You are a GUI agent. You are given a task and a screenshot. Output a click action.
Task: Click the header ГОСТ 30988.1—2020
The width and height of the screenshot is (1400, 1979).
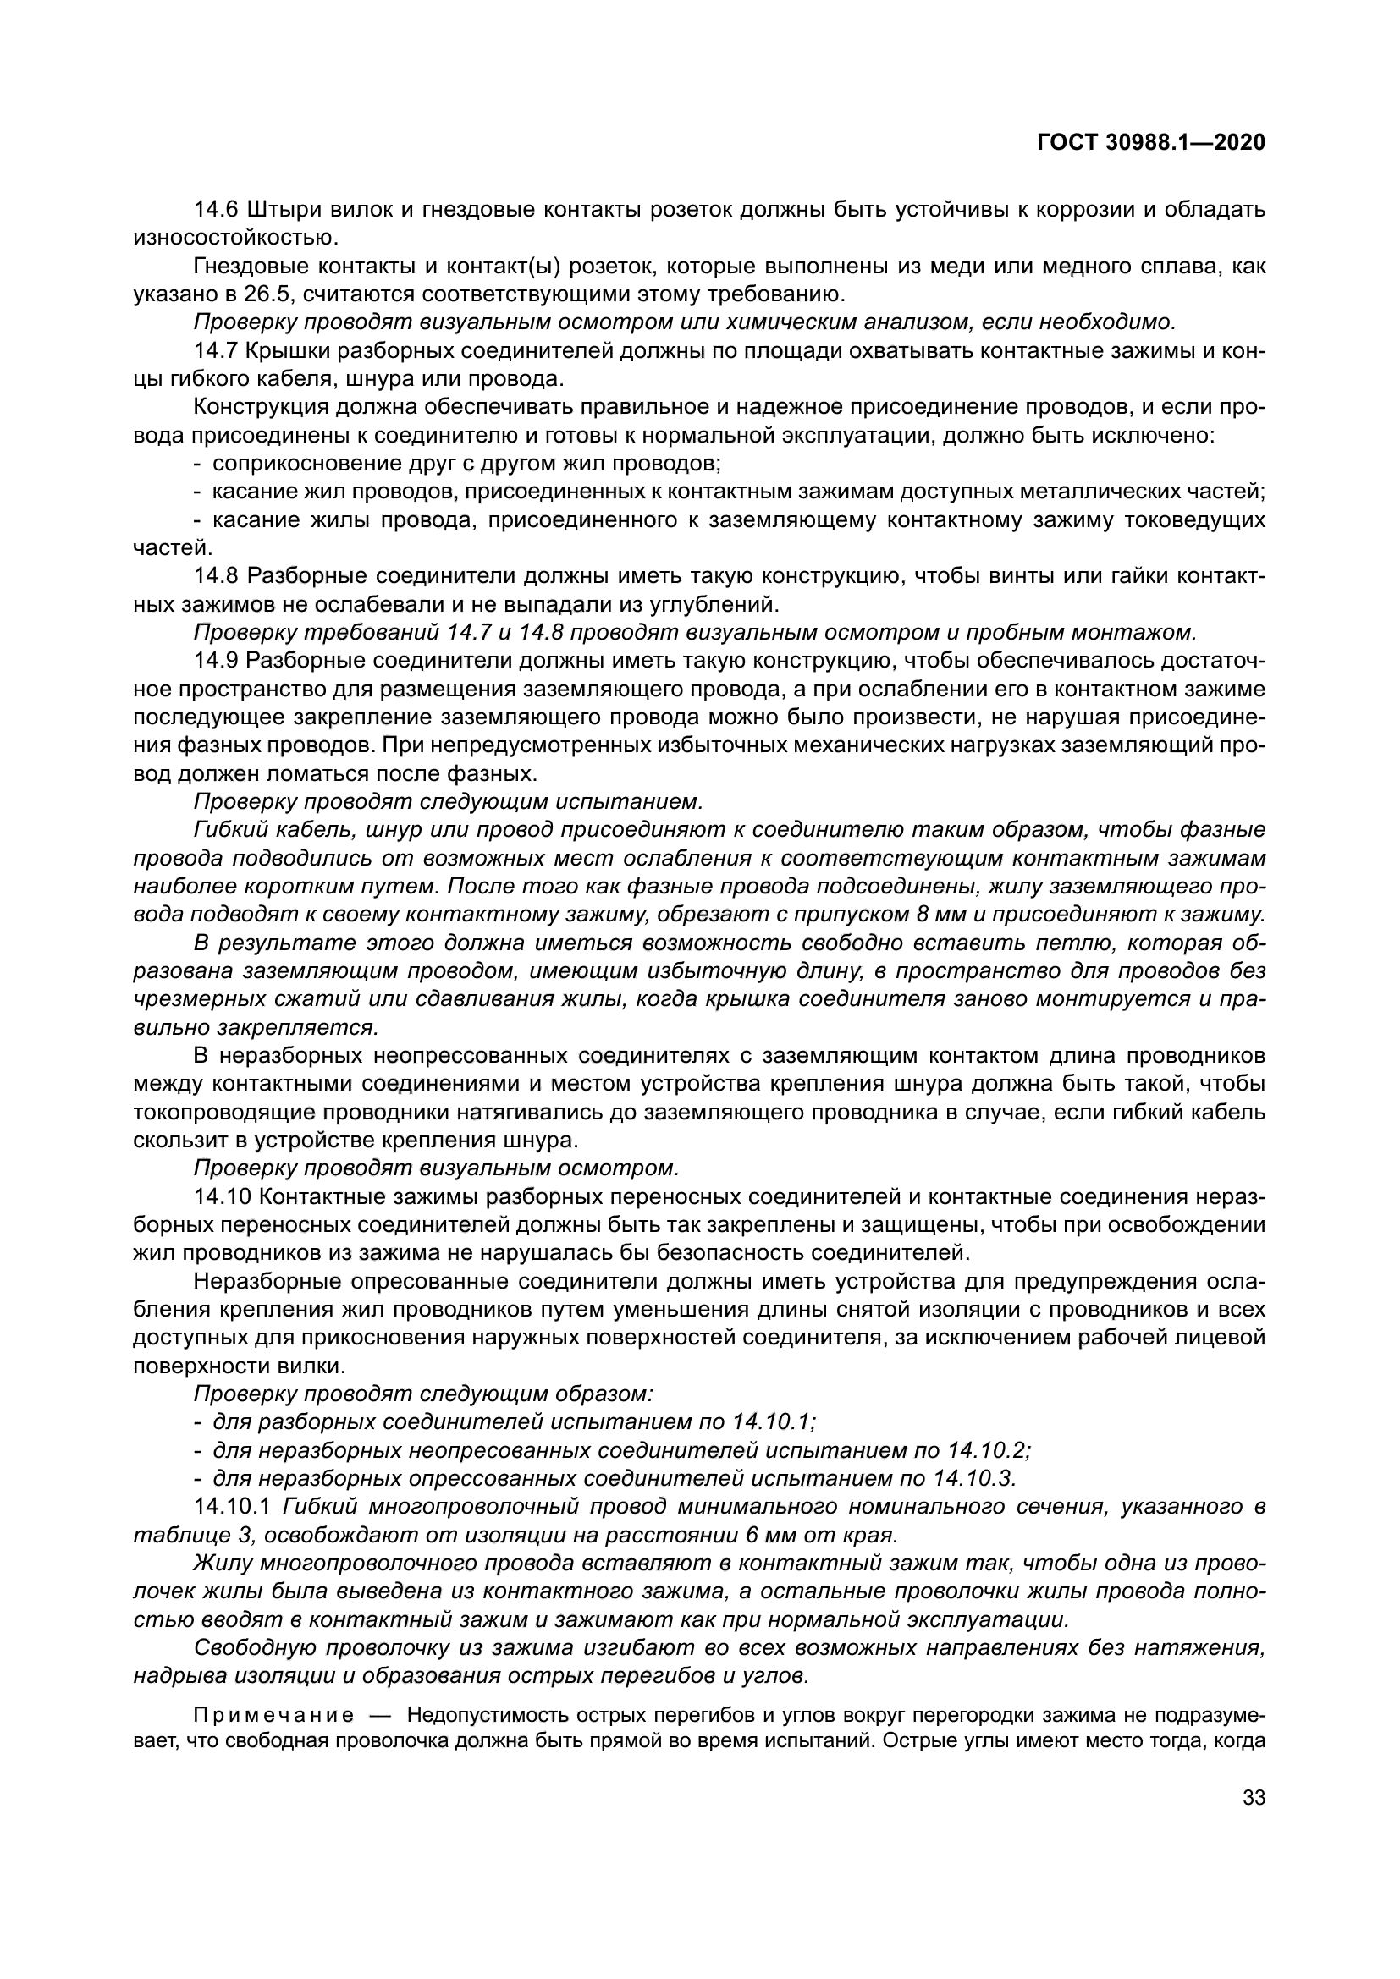coord(1152,143)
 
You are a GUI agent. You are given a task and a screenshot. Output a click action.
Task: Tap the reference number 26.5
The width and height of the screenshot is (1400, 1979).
coord(265,294)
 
